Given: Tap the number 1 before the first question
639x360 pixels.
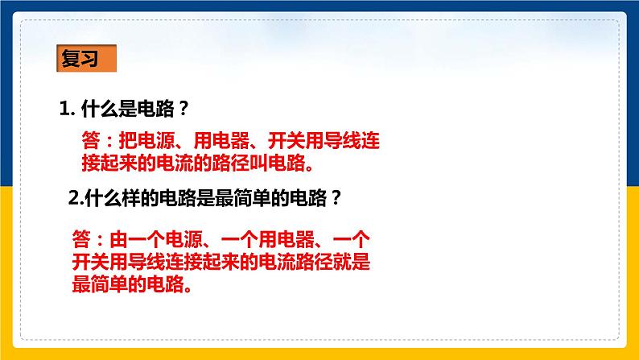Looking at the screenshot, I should [x=64, y=108].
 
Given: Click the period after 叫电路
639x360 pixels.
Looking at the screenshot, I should [x=308, y=165].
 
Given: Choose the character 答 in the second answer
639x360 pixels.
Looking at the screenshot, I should [x=80, y=239].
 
